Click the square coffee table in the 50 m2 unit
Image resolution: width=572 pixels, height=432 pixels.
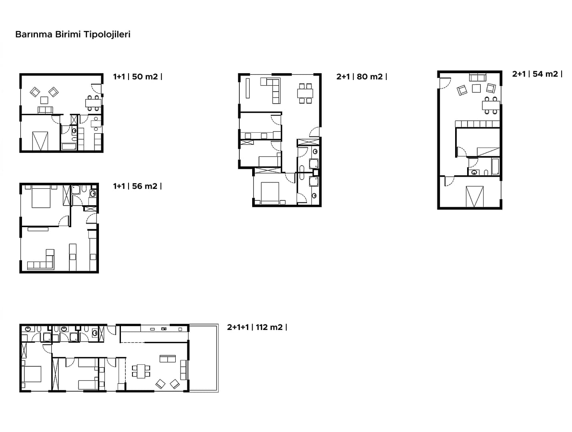44,100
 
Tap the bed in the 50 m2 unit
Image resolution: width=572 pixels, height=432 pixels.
40,141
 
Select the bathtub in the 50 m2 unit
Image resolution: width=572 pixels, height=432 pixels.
69,146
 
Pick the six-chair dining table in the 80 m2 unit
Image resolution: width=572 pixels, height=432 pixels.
305,93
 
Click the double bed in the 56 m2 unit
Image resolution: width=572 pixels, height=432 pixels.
41,197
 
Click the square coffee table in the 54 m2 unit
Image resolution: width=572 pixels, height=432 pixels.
476,88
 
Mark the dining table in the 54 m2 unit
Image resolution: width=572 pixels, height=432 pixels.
491,106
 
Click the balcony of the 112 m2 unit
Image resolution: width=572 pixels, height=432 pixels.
203,358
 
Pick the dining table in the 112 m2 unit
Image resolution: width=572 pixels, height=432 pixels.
141,371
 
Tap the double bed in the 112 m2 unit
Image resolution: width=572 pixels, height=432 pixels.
31,374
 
